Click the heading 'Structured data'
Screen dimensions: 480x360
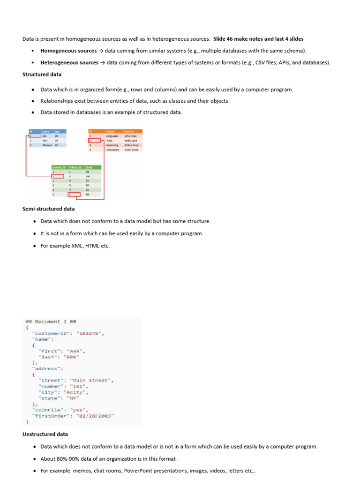42,75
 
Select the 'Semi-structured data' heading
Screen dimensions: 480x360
48,209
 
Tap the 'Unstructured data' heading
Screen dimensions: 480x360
45,434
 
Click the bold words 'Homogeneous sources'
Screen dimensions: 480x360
68,51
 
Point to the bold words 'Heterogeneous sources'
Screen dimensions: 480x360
69,62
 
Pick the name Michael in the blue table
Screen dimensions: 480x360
47,145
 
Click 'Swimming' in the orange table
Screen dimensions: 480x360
112,145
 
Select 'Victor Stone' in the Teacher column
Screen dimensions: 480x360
132,150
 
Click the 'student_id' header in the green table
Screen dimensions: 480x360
59,167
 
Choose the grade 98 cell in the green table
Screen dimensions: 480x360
87,172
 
